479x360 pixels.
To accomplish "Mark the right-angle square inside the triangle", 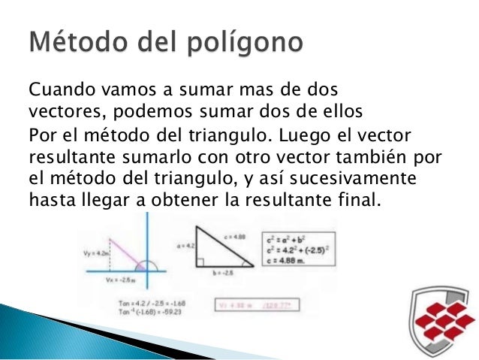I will (200, 262).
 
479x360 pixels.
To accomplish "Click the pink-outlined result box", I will (300, 305).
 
